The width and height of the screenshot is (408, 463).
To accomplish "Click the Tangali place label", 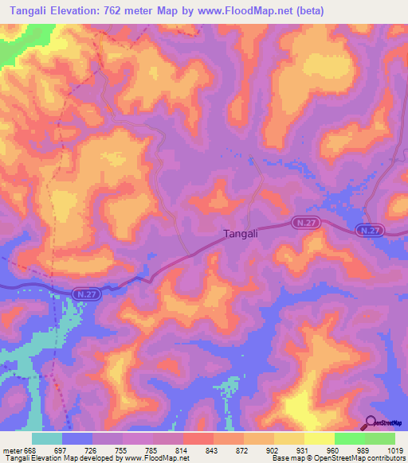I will [x=240, y=234].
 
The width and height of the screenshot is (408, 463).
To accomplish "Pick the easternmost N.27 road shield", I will [x=369, y=230].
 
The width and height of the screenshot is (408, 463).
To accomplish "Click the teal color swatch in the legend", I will [x=47, y=438].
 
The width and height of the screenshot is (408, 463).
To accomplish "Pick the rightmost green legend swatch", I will [x=380, y=438].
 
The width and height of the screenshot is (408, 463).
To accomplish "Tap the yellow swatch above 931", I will [x=288, y=438].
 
